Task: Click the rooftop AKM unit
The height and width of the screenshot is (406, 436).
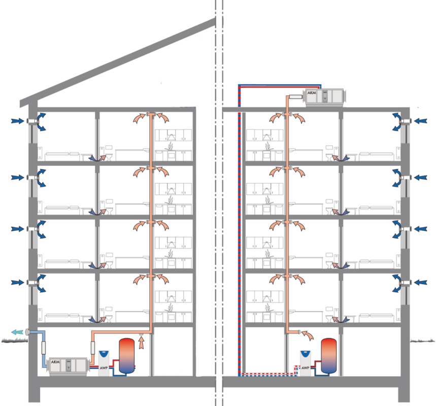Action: coord(324,97)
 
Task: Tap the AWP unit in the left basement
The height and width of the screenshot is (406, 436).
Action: coord(104,363)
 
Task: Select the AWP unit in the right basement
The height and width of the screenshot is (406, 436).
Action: coord(306,363)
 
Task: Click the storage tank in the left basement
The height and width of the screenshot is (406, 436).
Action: coord(126,356)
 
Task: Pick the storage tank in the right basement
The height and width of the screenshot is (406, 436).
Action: coord(329,356)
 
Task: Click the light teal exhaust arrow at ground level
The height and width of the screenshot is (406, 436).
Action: coord(17,332)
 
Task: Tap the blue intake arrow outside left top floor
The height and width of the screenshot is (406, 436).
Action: coord(18,121)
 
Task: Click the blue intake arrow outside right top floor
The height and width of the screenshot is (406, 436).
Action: coord(420,121)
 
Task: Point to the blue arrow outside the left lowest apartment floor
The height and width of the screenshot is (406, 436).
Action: coord(18,283)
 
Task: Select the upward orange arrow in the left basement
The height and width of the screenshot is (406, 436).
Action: coord(141,343)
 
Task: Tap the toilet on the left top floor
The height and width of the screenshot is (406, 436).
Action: coord(109,156)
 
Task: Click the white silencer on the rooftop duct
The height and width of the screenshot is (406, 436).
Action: coord(295,97)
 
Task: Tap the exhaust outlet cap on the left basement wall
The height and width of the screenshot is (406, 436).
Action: coord(27,332)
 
